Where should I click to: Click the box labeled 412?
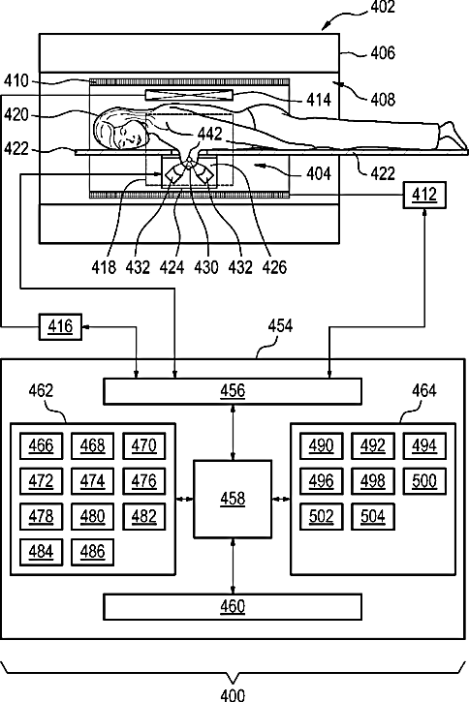tap(424, 195)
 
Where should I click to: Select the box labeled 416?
tap(60, 327)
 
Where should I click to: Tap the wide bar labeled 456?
tap(233, 392)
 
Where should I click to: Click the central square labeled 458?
tap(233, 499)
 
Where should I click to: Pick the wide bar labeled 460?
tap(233, 607)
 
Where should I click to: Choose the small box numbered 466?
tap(42, 446)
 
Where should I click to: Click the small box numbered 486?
tap(92, 552)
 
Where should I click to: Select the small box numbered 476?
tap(143, 481)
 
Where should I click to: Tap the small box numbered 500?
tap(424, 481)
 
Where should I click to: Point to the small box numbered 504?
tap(373, 517)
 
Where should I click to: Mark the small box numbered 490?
tap(321, 446)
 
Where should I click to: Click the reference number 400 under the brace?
tap(233, 695)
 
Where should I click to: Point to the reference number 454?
tap(280, 326)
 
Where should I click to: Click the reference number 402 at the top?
tap(383, 7)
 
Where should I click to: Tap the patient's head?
tap(120, 131)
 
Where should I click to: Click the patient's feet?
tap(453, 135)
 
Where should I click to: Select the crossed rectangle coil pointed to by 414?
tap(190, 95)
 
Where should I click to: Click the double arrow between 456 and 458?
tap(233, 433)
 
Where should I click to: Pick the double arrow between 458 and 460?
tap(233, 565)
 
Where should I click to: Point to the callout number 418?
tap(104, 267)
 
